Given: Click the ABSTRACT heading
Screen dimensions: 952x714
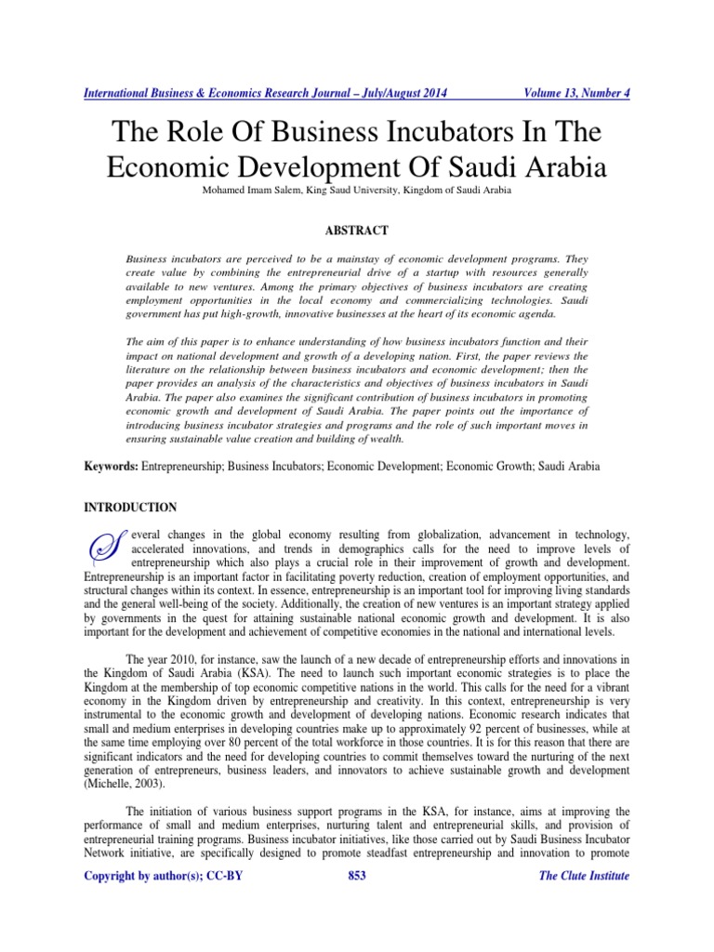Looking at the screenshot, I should pos(357,230).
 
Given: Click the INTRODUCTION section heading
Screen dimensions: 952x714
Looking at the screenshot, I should pos(130,508).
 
